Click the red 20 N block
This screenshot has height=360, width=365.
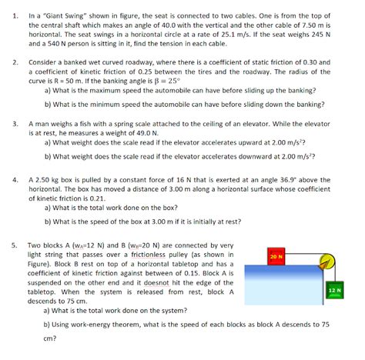[x=276, y=255]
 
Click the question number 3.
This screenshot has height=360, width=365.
[x=15, y=122]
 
